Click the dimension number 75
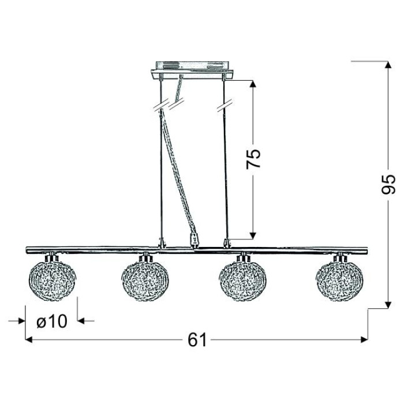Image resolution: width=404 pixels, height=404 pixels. [x=253, y=159]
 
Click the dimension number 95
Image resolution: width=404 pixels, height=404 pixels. [x=388, y=184]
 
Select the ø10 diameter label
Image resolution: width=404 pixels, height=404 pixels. [x=52, y=321]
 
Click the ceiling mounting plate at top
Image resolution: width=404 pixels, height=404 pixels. [x=192, y=70]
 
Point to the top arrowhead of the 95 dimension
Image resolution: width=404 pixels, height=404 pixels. [x=388, y=65]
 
